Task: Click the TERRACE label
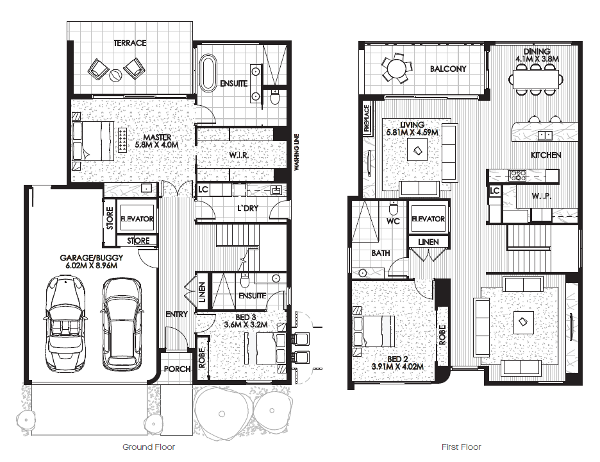point(130,43)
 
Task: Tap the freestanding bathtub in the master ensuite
point(209,74)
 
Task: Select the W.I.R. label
point(239,155)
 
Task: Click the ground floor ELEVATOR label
point(137,219)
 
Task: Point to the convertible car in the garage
point(64,323)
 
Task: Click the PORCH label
point(177,369)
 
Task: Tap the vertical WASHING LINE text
point(297,152)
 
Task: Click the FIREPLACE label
point(366,119)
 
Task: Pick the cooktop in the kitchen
point(517,175)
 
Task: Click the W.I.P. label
point(542,196)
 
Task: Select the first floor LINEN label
point(428,242)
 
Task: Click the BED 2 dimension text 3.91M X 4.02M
point(397,366)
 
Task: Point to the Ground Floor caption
point(149,447)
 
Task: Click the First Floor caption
point(461,447)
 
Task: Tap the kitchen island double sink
point(545,135)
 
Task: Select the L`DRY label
point(247,209)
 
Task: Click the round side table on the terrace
point(116,76)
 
